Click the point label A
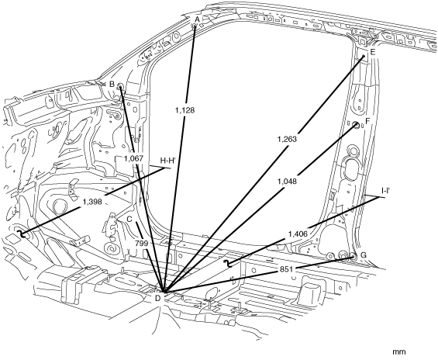pyautogui.click(x=197, y=19)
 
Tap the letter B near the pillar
pyautogui.click(x=112, y=84)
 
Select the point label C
pyautogui.click(x=129, y=219)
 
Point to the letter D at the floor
pyautogui.click(x=158, y=299)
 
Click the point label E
pyautogui.click(x=373, y=52)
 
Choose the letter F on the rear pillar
pyautogui.click(x=367, y=121)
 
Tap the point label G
pyautogui.click(x=364, y=255)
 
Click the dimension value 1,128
pyautogui.click(x=185, y=110)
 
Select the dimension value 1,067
pyautogui.click(x=134, y=158)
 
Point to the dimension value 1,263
pyautogui.click(x=287, y=139)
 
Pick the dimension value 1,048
pyautogui.click(x=287, y=182)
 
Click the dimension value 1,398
pyautogui.click(x=92, y=201)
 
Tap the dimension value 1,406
pyautogui.click(x=298, y=234)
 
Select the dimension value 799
pyautogui.click(x=141, y=244)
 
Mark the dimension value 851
pyautogui.click(x=286, y=269)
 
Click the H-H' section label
pyautogui.click(x=167, y=160)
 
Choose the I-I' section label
pyautogui.click(x=386, y=191)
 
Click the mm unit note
pyautogui.click(x=399, y=352)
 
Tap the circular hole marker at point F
pyautogui.click(x=356, y=125)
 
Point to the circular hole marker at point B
pyautogui.click(x=120, y=86)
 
